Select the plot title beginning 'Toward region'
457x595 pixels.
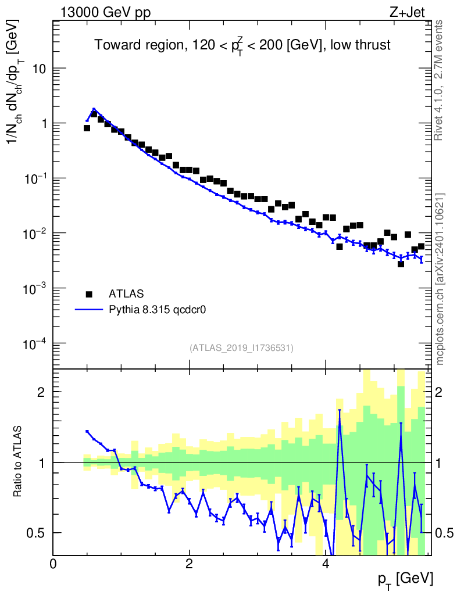242,46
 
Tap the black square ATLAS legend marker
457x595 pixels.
89,294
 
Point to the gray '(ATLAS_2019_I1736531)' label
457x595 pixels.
241,348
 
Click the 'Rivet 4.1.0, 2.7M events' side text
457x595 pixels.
440,80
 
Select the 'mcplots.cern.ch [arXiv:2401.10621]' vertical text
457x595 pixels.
440,279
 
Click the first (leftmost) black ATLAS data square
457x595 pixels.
87,128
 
